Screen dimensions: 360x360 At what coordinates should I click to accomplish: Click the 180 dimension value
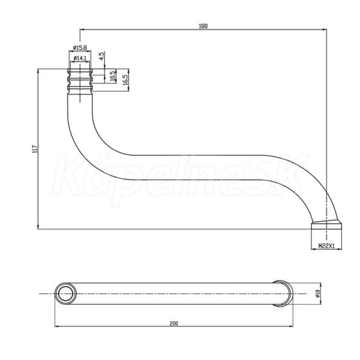203,26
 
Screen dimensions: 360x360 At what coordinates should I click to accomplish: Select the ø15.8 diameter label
80,48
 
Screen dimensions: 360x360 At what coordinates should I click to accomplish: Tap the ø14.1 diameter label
80,58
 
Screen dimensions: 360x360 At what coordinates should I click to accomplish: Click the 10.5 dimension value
113,76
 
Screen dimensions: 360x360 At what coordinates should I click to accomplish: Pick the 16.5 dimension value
125,80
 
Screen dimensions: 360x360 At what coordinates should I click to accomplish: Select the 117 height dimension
35,149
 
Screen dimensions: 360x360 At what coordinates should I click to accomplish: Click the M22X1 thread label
326,246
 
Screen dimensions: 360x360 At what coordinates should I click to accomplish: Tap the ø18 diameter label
318,293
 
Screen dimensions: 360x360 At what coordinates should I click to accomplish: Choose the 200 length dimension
174,323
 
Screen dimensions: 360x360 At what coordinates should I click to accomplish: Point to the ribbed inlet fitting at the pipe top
80,80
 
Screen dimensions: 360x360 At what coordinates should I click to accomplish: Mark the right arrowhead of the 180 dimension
325,29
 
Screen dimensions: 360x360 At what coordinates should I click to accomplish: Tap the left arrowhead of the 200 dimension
57,326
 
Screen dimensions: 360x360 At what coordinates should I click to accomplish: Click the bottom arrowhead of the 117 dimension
38,227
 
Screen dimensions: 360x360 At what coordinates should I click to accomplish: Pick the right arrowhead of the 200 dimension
290,326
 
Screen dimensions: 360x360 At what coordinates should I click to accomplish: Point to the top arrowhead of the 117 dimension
38,71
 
